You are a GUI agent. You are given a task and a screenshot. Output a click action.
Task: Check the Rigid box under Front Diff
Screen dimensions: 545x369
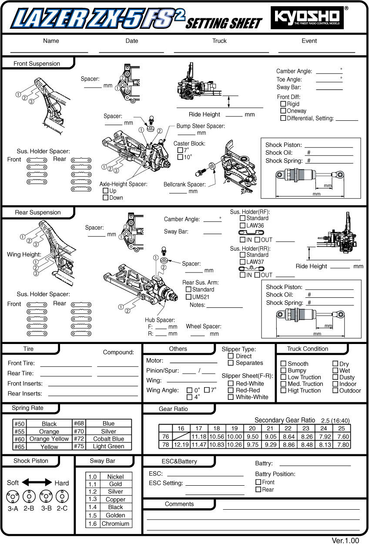(283, 104)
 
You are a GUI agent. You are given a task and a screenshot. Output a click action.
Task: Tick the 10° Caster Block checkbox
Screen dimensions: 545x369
(180, 157)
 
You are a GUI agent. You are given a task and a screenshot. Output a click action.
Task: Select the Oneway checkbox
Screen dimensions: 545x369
(283, 111)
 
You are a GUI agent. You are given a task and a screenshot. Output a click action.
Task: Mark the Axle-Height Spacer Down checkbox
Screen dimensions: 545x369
(105, 198)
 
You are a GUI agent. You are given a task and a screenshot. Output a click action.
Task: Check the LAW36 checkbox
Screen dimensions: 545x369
(242, 225)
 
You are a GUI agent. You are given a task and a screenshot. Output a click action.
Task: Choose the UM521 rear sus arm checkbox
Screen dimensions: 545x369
(188, 297)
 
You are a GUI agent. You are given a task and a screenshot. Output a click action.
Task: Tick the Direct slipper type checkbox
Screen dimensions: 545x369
(231, 356)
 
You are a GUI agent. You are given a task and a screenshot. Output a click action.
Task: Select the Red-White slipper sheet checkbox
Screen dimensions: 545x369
(231, 384)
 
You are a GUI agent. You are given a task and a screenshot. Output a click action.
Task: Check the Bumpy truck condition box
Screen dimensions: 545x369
(283, 371)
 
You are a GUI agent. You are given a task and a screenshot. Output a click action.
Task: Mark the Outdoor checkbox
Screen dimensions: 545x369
(335, 391)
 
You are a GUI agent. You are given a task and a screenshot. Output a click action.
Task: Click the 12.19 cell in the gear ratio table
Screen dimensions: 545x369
(181, 444)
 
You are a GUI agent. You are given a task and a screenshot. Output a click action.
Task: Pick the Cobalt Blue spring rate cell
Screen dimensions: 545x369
(108, 439)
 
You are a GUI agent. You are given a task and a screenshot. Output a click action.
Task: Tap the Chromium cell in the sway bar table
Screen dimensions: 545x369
(115, 524)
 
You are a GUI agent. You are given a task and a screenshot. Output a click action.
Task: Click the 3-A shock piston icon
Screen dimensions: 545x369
(12, 496)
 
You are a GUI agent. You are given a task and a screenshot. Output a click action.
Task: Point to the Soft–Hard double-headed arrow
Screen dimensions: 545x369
(37, 483)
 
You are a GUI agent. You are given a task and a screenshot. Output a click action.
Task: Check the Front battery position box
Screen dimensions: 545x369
(258, 482)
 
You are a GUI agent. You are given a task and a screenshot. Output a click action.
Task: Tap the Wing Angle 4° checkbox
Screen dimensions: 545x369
(189, 397)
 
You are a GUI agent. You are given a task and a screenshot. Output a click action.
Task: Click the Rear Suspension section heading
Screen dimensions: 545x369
(38, 213)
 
